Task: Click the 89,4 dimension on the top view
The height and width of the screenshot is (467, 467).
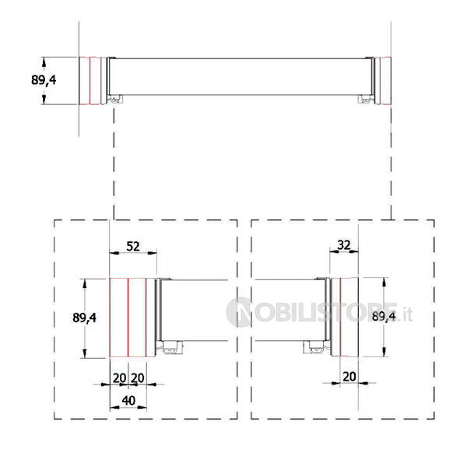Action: pos(44,80)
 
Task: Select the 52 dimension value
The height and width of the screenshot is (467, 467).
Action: pos(133,246)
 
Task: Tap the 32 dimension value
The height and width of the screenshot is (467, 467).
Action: pos(344,245)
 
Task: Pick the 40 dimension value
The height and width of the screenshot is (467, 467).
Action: pos(128,401)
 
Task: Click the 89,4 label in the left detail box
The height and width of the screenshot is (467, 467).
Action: pos(84,318)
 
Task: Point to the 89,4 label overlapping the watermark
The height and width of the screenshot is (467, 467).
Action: pos(384,317)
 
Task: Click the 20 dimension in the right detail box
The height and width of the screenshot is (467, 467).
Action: pos(349,377)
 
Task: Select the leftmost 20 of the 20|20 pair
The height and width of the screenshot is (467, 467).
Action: pos(120,378)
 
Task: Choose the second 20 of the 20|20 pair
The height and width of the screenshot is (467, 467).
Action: pos(138,378)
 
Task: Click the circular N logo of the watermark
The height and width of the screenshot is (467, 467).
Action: pos(239,312)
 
